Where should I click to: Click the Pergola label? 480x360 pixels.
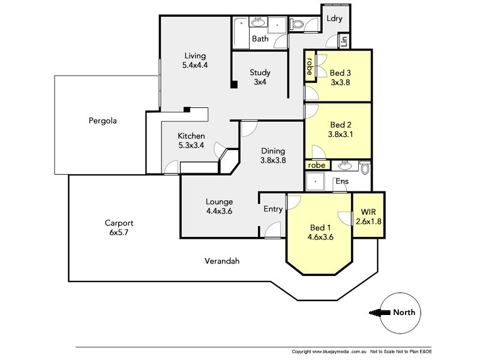(101, 121)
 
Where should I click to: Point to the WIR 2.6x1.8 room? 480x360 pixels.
(368, 217)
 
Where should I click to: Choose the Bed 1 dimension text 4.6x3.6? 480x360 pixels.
(320, 237)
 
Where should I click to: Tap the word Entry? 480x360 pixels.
(273, 209)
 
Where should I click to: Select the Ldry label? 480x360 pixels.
(334, 18)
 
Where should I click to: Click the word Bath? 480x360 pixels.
(260, 39)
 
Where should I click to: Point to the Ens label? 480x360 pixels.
(342, 181)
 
